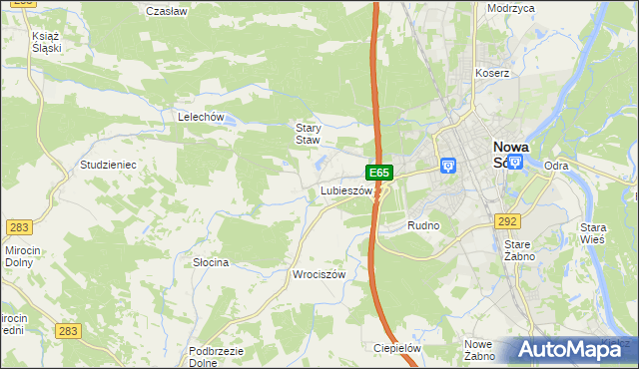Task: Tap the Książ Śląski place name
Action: tap(47, 41)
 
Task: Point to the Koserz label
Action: tap(492, 73)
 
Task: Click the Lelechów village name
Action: tap(199, 117)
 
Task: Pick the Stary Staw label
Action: tap(308, 134)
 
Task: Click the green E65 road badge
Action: tap(378, 173)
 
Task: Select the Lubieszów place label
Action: tap(346, 189)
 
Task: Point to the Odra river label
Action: tap(556, 166)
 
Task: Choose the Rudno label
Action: tap(423, 226)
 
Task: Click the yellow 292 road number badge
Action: tap(507, 221)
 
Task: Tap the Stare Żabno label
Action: tap(519, 250)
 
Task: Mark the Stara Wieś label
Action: tap(600, 233)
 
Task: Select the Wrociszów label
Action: tap(318, 274)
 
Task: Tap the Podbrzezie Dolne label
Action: tap(217, 357)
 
